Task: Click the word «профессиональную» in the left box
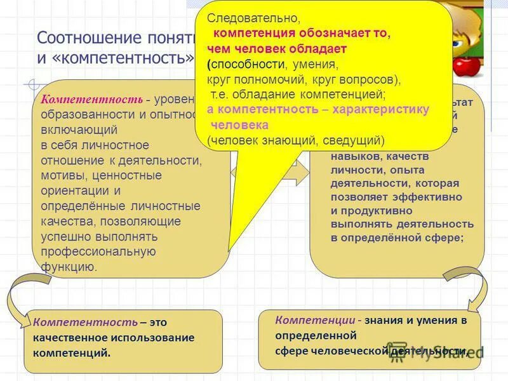(x=98, y=251)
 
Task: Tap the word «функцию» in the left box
(x=69, y=266)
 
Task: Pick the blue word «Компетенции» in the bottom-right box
(x=314, y=320)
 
